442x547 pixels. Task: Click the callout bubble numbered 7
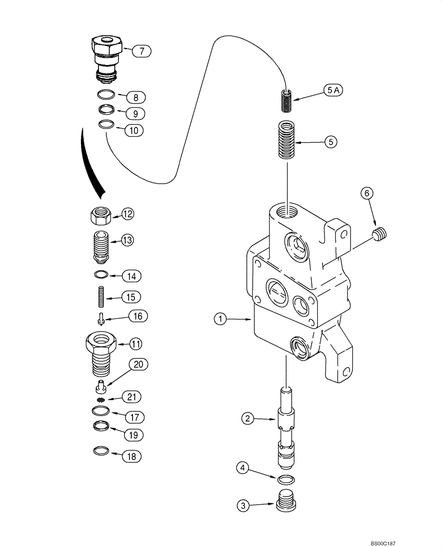pos(141,51)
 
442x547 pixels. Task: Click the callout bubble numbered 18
pos(131,455)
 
